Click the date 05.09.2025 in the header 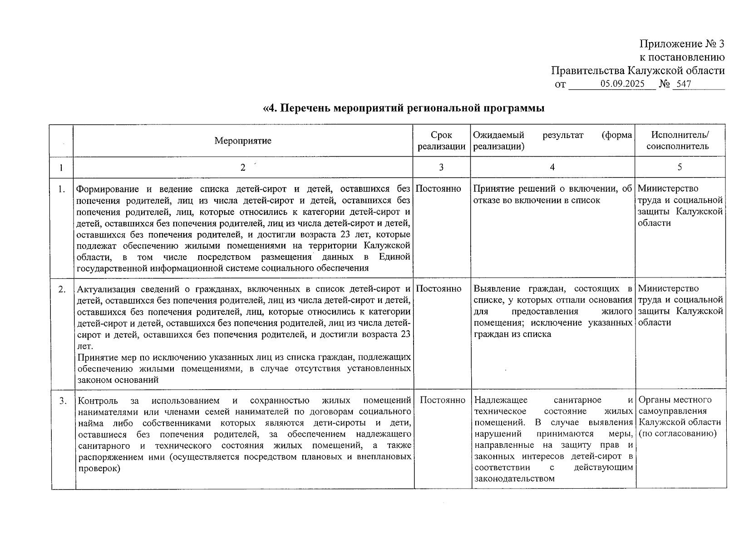tap(622, 84)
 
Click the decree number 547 tap(684, 84)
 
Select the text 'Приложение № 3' tap(682, 44)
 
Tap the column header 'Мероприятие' tap(243, 141)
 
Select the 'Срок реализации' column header tap(441, 141)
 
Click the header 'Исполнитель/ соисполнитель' tap(680, 141)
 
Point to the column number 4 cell tap(552, 167)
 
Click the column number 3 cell tap(441, 167)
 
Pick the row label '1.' tap(62, 189)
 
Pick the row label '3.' tap(63, 401)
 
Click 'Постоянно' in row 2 tap(439, 289)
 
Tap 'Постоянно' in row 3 tap(443, 400)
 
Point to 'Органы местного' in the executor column tap(675, 400)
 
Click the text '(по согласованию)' tap(677, 434)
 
